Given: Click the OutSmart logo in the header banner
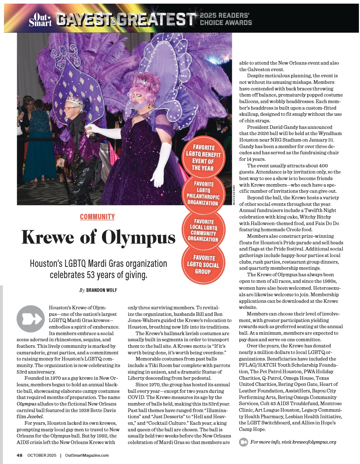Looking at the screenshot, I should click(40, 19).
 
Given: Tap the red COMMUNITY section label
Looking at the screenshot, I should click(97, 217).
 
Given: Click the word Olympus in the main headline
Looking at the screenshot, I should click(138, 237).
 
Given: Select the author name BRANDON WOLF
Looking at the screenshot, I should click(102, 290).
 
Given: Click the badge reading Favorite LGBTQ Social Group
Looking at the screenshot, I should click(203, 264).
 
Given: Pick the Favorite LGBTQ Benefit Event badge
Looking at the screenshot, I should click(203, 158).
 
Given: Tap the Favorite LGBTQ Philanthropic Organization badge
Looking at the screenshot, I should click(203, 194).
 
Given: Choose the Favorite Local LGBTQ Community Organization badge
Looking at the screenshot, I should click(203, 230).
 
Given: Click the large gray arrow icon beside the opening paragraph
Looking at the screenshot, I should click(30, 319).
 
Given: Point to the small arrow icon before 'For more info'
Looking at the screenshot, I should click(244, 442).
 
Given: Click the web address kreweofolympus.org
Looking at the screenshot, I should click(312, 442).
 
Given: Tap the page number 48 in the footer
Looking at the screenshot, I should click(20, 455).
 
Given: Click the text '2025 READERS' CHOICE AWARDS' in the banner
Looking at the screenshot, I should click(226, 19).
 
